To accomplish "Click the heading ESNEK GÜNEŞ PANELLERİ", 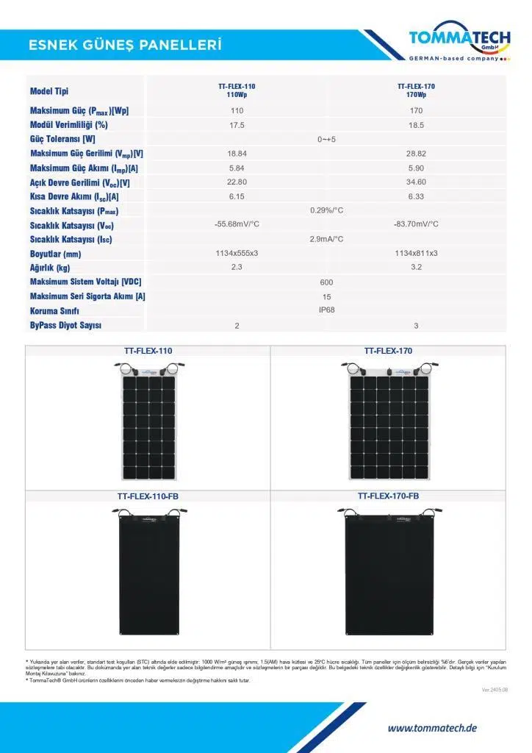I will pyautogui.click(x=125, y=46).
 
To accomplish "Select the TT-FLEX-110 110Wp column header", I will pyautogui.click(x=237, y=90).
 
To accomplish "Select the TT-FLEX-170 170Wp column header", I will pyautogui.click(x=416, y=90).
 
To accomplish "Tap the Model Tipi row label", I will pyautogui.click(x=49, y=91).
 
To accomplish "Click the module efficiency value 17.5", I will pyautogui.click(x=237, y=125).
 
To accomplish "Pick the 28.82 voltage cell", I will pyautogui.click(x=416, y=154).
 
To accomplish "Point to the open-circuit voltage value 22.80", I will pyautogui.click(x=237, y=182).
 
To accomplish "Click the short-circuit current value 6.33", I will pyautogui.click(x=416, y=196).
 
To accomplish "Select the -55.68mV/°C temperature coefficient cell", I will pyautogui.click(x=237, y=224).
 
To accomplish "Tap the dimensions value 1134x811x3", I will pyautogui.click(x=416, y=253).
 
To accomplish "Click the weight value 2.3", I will pyautogui.click(x=237, y=267).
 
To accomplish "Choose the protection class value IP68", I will pyautogui.click(x=326, y=310).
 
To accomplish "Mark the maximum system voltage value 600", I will pyautogui.click(x=326, y=282).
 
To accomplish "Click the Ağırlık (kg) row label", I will pyautogui.click(x=50, y=268).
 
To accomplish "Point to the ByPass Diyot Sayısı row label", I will pyautogui.click(x=66, y=325).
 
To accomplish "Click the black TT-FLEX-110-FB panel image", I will pyautogui.click(x=148, y=574).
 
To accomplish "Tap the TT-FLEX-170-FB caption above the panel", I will pyautogui.click(x=388, y=496).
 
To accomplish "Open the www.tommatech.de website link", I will pyautogui.click(x=432, y=728).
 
